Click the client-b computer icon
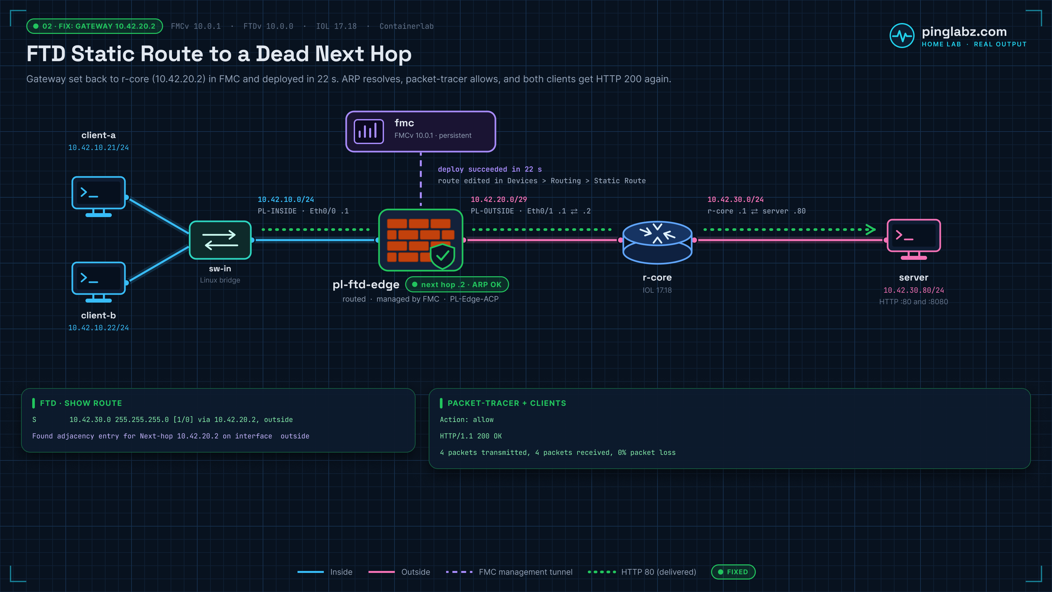click(98, 282)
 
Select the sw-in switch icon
click(220, 240)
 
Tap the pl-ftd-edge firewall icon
click(421, 240)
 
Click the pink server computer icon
click(914, 239)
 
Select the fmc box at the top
click(421, 132)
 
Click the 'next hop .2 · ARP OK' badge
click(457, 284)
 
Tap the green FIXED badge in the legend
click(733, 572)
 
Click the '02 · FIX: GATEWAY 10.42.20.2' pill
click(95, 26)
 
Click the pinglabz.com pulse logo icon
click(902, 36)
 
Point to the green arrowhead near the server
click(870, 230)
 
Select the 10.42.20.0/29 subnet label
click(499, 199)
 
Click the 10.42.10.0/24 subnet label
click(286, 199)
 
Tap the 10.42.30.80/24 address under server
click(914, 290)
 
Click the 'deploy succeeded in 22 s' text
click(490, 169)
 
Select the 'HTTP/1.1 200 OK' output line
click(471, 436)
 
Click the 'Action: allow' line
click(466, 420)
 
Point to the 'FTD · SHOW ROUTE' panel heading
click(81, 403)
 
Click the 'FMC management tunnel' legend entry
click(526, 572)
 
